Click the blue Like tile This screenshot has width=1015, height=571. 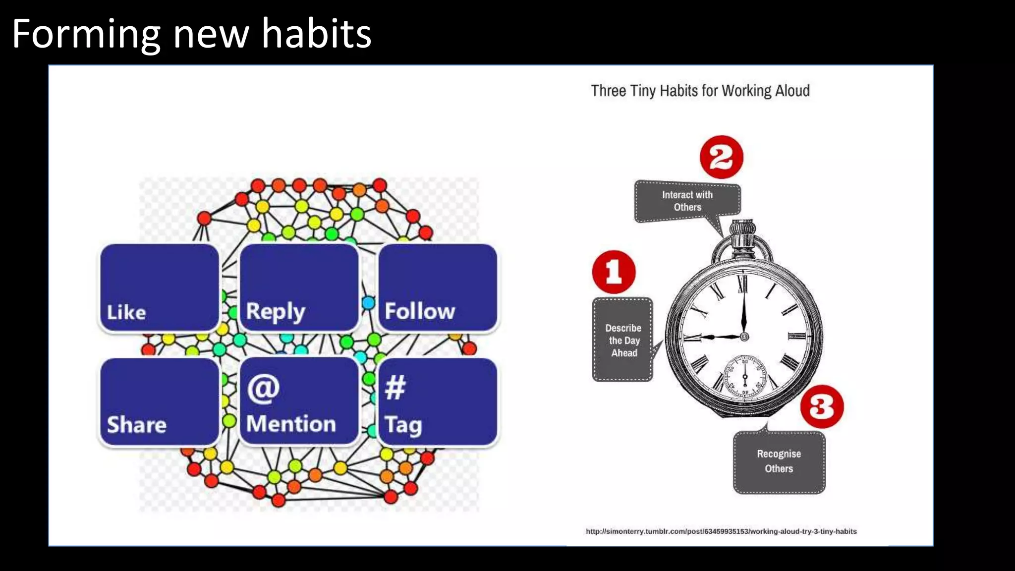[159, 287]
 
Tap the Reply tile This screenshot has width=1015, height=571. [299, 287]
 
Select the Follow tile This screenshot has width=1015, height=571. [438, 287]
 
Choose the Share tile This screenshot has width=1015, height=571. [159, 401]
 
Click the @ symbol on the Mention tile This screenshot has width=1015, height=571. [263, 389]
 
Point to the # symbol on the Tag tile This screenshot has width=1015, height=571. [395, 387]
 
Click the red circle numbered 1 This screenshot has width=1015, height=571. [614, 272]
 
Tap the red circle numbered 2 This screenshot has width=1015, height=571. [721, 157]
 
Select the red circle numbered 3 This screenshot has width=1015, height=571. [822, 406]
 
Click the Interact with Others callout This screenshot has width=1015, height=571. [687, 201]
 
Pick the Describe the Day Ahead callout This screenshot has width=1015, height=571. [622, 340]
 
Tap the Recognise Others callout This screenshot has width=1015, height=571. [779, 461]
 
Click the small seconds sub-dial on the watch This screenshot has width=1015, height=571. [744, 376]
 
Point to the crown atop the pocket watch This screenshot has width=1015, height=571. [742, 233]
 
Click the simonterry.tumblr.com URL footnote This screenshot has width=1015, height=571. [721, 531]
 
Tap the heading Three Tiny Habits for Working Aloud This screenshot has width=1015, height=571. [700, 91]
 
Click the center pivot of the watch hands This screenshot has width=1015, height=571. [744, 337]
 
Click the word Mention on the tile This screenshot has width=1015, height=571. [291, 424]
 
